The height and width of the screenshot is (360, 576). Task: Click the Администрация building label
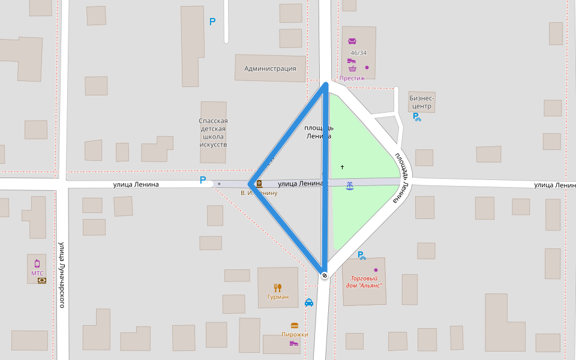[270, 68]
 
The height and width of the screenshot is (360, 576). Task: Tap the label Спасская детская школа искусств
[213, 133]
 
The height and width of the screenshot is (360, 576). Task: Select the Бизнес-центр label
[421, 102]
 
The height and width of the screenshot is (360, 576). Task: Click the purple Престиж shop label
[352, 78]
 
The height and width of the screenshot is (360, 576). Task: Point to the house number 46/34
[358, 53]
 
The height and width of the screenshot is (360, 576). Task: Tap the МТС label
[37, 273]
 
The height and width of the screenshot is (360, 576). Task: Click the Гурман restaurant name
[278, 296]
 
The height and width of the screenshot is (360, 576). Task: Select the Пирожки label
[295, 334]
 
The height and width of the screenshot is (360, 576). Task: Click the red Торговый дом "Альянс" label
[364, 281]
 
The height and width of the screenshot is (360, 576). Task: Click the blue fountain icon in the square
[350, 185]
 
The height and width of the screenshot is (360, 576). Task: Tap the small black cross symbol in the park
[343, 166]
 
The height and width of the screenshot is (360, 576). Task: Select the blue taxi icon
[309, 303]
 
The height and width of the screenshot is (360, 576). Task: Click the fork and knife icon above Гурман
[277, 287]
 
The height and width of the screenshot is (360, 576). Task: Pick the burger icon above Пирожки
[295, 326]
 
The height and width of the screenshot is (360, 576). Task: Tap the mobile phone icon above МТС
[37, 263]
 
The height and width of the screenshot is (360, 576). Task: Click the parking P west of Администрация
[212, 22]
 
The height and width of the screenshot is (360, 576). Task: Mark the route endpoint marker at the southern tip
[325, 275]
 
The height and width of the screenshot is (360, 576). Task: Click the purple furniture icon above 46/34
[352, 41]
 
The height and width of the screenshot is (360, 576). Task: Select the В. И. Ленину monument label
[259, 193]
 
